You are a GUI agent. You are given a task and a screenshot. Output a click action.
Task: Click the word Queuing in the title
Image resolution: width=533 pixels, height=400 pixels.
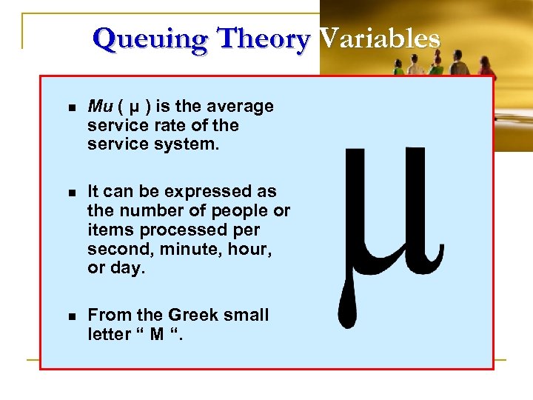(141, 39)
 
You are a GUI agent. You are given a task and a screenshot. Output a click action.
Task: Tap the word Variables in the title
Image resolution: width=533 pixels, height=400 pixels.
(378, 39)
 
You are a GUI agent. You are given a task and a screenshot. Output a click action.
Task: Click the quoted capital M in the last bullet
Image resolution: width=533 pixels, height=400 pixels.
(158, 334)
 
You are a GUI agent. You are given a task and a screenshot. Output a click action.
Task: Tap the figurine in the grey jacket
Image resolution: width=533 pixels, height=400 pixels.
(458, 63)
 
